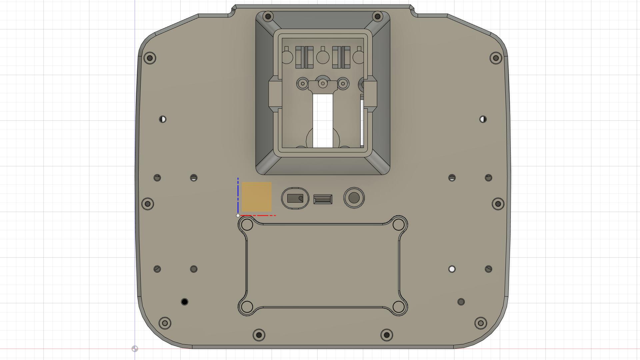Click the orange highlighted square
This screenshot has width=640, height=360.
click(x=256, y=197)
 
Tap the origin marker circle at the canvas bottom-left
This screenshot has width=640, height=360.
click(x=135, y=349)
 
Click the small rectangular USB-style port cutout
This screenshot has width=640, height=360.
click(x=323, y=199)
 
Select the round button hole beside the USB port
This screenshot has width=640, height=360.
click(x=354, y=198)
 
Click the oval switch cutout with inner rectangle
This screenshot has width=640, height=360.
click(x=295, y=198)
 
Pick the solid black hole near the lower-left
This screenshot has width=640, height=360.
click(x=184, y=302)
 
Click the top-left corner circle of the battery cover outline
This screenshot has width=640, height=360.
click(x=247, y=225)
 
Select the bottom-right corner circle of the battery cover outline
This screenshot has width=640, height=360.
click(x=398, y=307)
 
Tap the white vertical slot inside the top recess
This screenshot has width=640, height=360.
click(x=323, y=121)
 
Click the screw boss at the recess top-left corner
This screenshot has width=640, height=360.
click(x=268, y=16)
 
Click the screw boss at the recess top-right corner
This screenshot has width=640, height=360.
click(x=377, y=16)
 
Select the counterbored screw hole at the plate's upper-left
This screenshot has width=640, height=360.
click(x=150, y=58)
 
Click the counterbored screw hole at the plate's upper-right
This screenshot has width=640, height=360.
click(x=496, y=58)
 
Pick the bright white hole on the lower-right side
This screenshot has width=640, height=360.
click(x=452, y=269)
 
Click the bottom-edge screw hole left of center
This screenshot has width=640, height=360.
click(x=259, y=335)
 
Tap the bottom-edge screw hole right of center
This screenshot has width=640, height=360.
click(x=387, y=335)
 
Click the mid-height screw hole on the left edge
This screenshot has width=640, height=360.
click(x=148, y=204)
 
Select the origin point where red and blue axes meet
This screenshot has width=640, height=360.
click(x=238, y=216)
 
